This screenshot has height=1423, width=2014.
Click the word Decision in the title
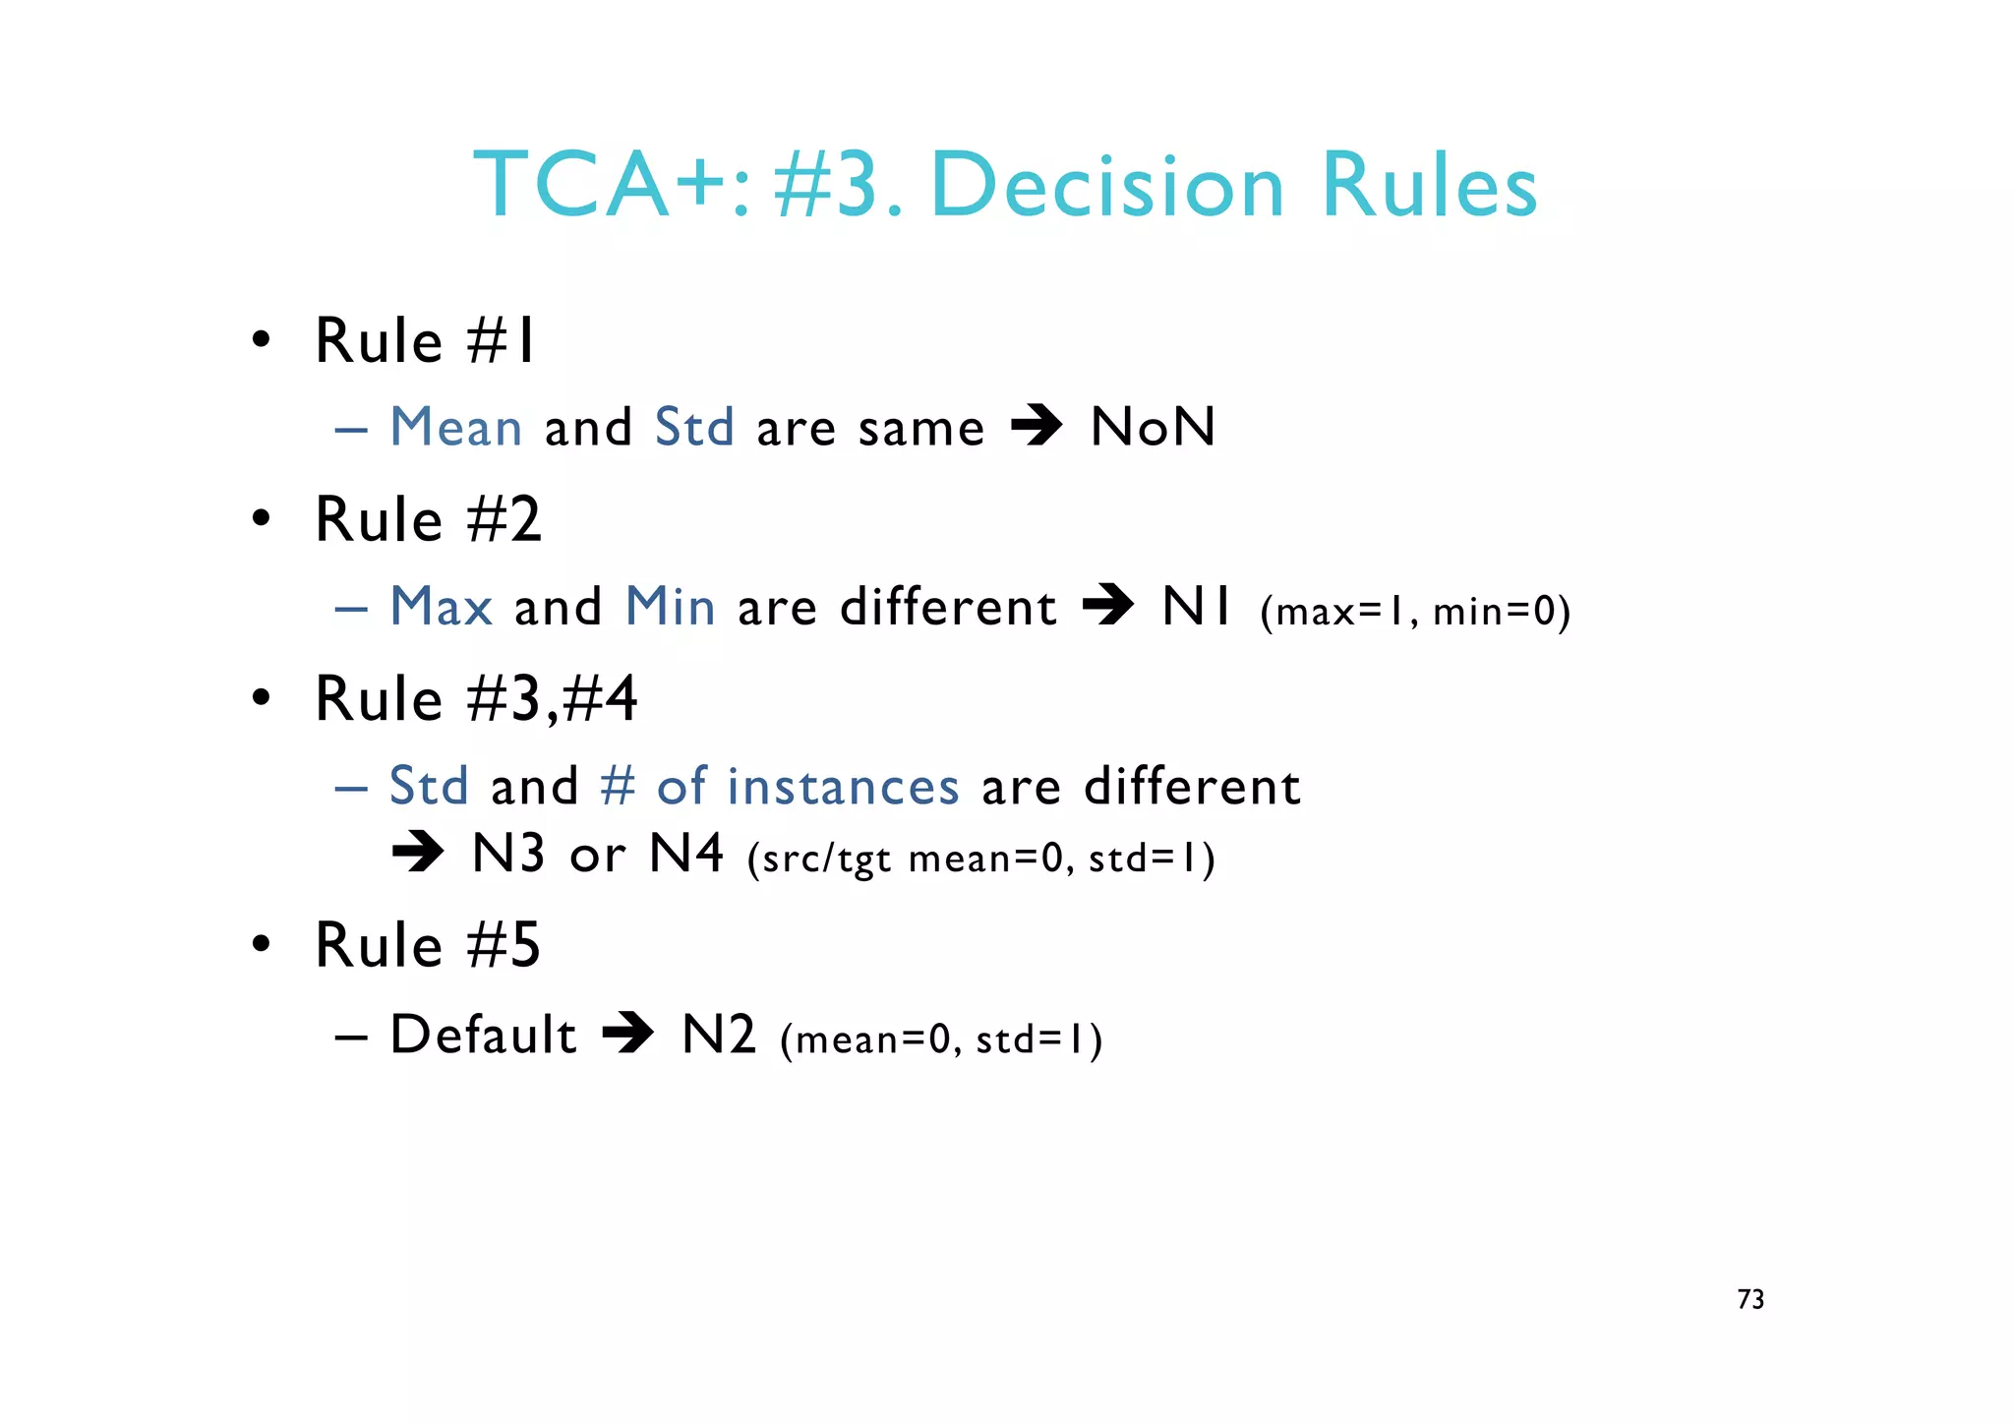(x=1107, y=186)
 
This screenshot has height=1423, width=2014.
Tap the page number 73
(x=1750, y=1299)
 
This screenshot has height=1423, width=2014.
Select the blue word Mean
(x=456, y=427)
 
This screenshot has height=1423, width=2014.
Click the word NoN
(x=1154, y=427)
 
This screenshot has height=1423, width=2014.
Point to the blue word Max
(x=441, y=606)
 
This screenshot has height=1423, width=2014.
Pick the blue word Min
(x=670, y=606)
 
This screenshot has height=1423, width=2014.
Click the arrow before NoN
(x=1037, y=427)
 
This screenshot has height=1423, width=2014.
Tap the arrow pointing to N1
(x=1108, y=606)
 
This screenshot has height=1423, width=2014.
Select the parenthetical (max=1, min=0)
(x=1415, y=612)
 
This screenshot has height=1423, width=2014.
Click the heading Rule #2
(x=428, y=519)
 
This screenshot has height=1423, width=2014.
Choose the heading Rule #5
(x=428, y=945)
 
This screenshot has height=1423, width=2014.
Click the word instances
(x=843, y=787)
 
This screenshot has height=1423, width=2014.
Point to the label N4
(x=686, y=853)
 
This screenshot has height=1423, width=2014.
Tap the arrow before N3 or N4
(x=418, y=853)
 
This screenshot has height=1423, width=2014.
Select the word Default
(x=483, y=1035)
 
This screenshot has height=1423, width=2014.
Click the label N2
(x=719, y=1035)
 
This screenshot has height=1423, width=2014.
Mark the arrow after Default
(x=628, y=1035)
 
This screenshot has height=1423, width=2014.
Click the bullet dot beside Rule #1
(x=261, y=340)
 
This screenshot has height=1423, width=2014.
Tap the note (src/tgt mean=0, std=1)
(x=981, y=859)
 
